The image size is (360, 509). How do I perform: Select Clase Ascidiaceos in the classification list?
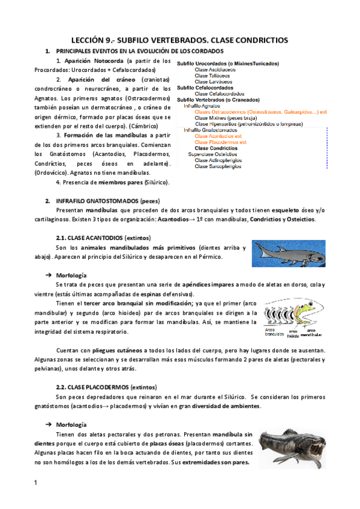(x=215, y=70)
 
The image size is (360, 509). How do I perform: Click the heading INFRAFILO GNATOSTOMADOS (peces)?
(x=107, y=199)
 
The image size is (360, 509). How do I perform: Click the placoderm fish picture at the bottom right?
(x=293, y=446)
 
